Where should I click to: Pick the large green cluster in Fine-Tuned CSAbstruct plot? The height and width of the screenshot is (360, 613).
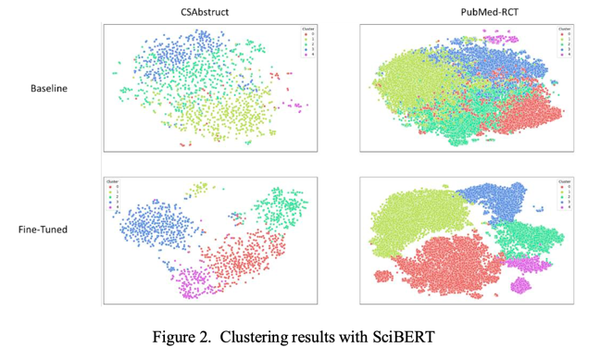pos(283,208)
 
